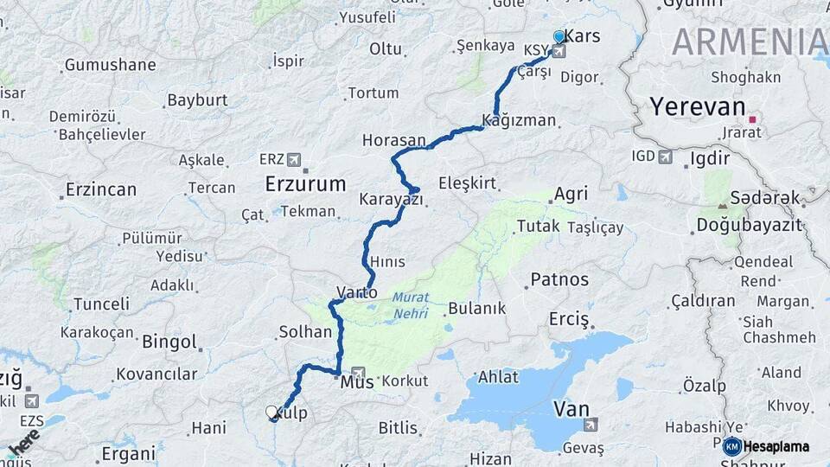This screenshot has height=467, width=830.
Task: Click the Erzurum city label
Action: coord(305,183)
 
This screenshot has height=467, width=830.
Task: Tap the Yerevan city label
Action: coord(697,106)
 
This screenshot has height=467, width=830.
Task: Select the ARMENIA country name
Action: coord(749,42)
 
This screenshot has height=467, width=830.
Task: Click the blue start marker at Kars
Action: coord(559,37)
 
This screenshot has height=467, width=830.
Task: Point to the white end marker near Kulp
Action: coord(271,413)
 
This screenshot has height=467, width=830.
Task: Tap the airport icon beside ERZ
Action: coord(293,159)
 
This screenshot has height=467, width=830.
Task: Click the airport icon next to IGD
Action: coord(665,157)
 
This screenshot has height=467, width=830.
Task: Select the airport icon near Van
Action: coord(591,424)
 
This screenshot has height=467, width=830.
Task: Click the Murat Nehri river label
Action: coord(411,304)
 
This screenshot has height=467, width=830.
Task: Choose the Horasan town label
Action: coord(393,140)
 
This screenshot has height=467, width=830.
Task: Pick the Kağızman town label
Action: coord(519,120)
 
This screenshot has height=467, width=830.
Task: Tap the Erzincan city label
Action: coord(101,189)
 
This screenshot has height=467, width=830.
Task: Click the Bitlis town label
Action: coord(398,427)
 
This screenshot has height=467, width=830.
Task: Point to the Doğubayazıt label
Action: coord(749,226)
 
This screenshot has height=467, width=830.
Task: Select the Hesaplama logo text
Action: coord(776,447)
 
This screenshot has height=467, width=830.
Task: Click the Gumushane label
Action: coord(110,65)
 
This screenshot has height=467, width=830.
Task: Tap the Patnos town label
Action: coord(559,279)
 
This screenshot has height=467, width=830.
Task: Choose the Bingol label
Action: coord(169,342)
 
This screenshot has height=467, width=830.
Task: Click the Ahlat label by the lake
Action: coord(498,377)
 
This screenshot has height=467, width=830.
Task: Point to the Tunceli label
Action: coord(101,304)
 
